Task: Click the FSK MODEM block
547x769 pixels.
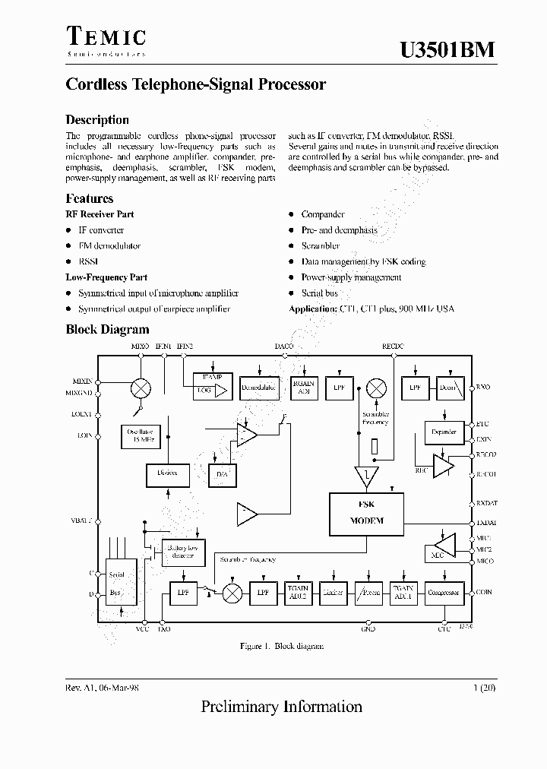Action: tap(366, 514)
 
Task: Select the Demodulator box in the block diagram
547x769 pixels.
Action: tap(259, 388)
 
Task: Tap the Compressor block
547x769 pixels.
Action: tap(444, 593)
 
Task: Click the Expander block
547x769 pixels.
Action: tap(444, 432)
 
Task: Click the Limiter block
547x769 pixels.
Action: tap(332, 593)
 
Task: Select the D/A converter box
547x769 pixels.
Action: tap(222, 476)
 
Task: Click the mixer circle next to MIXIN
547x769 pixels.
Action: tap(141, 388)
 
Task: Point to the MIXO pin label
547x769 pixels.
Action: tap(141, 346)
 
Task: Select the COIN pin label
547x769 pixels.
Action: tap(484, 592)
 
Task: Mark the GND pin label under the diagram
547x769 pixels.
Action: tap(368, 630)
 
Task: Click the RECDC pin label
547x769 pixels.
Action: tap(394, 346)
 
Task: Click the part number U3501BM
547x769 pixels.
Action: tap(448, 49)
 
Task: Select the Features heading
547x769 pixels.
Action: tap(90, 198)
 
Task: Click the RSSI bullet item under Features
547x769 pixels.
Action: tap(89, 261)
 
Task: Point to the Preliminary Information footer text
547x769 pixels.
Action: tap(281, 707)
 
